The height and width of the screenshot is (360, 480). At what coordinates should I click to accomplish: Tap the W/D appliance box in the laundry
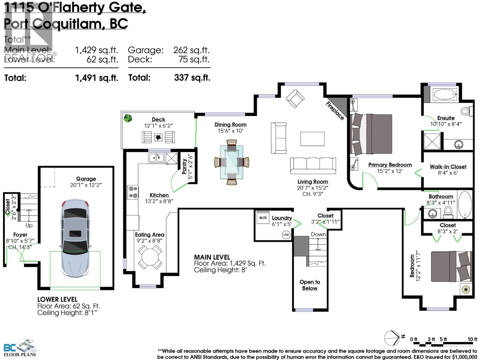[263, 217]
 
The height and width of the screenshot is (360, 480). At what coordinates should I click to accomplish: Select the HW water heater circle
[286, 235]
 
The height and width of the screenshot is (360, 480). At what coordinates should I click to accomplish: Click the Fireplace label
[335, 111]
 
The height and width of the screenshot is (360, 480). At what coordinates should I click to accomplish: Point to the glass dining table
[232, 162]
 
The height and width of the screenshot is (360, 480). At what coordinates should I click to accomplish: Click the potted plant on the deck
[128, 118]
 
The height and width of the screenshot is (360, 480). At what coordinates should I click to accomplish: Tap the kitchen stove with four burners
[133, 192]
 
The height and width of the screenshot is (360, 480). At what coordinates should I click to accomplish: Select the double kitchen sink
[156, 157]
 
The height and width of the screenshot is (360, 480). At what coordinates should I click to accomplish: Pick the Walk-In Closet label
[448, 166]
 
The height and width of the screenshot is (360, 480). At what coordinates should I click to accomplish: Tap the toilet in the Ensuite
[466, 111]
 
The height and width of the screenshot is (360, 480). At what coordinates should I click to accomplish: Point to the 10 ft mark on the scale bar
[472, 339]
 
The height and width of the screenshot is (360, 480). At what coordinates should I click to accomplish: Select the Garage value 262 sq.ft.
[191, 50]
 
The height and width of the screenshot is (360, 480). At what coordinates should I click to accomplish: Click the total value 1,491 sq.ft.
[96, 78]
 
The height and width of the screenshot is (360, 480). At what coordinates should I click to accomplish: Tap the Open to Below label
[310, 285]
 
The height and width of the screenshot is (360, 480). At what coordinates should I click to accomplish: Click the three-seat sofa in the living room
[313, 165]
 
